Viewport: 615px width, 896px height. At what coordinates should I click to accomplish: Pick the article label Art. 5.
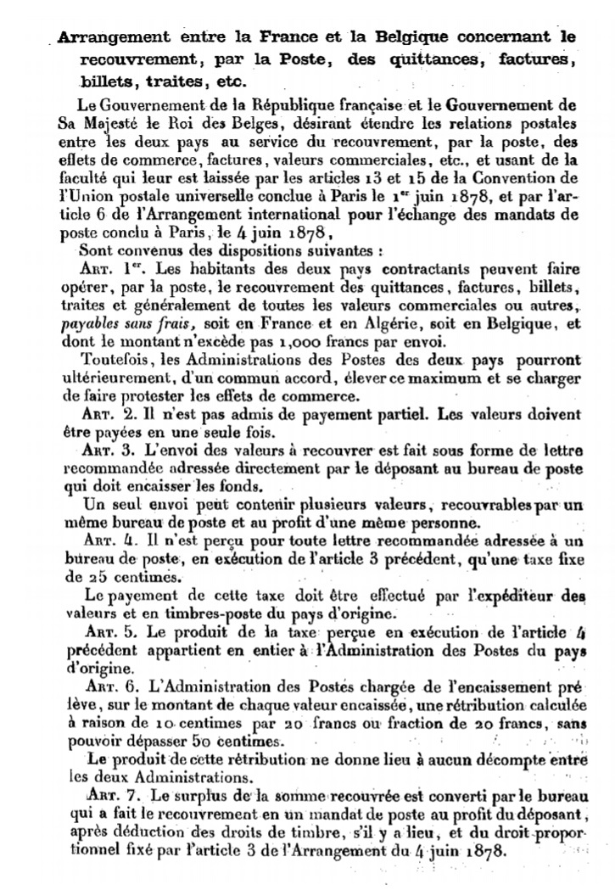111,634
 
